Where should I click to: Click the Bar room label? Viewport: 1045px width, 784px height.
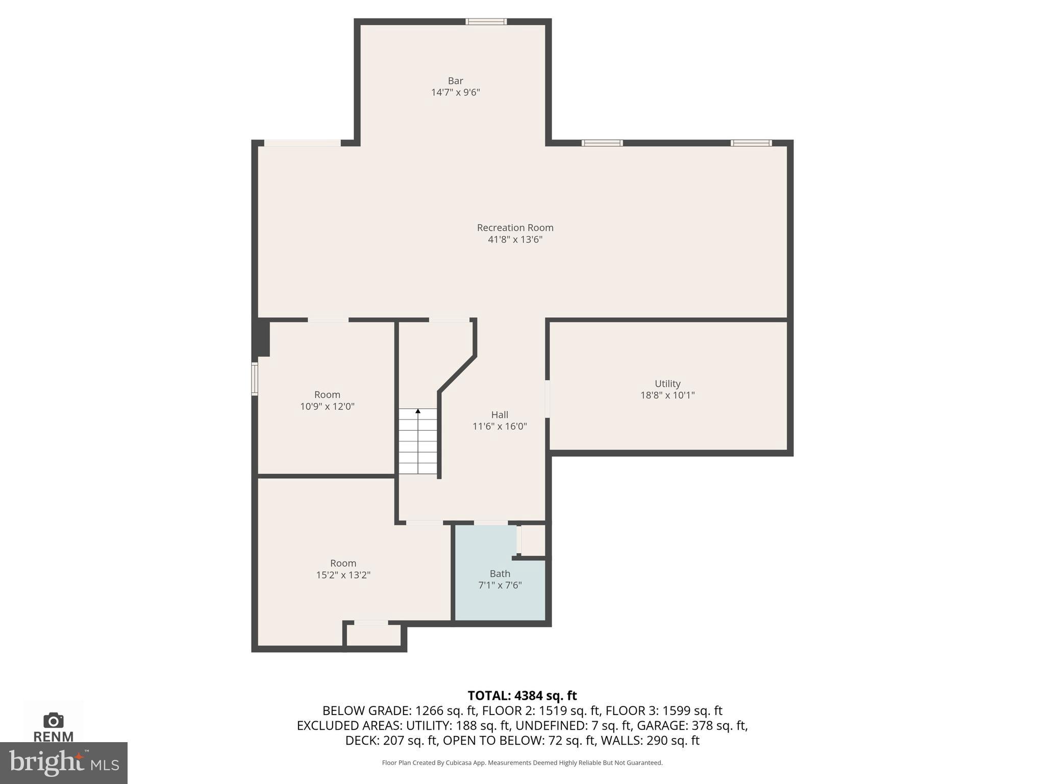tap(455, 81)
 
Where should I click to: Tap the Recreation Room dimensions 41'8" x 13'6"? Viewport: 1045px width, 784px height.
tap(515, 239)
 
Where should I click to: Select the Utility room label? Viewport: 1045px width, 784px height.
tap(667, 383)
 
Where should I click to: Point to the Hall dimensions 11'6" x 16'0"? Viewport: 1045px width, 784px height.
tap(500, 426)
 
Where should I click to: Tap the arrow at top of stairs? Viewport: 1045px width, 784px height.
tap(418, 411)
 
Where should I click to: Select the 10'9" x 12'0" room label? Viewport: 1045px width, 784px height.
tap(327, 395)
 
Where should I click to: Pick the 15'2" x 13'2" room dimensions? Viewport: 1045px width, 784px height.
tap(343, 575)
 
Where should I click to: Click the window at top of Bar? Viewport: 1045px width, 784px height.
tap(486, 21)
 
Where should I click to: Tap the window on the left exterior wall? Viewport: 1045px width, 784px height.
tap(255, 378)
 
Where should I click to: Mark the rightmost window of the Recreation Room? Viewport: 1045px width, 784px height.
tap(751, 143)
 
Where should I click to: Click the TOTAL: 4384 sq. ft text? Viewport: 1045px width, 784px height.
tap(522, 695)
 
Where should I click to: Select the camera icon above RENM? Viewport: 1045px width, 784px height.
tap(54, 720)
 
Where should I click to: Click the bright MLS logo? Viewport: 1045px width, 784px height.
tap(63, 763)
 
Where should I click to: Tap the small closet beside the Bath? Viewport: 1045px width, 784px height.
tap(533, 540)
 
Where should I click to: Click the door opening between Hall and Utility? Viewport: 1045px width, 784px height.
tap(548, 399)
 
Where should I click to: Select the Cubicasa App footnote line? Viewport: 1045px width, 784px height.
tap(522, 763)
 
